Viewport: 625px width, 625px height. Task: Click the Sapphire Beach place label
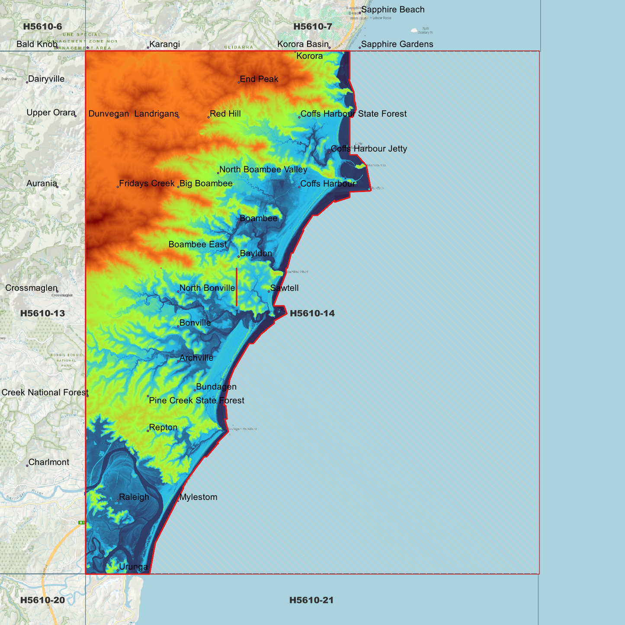(392, 10)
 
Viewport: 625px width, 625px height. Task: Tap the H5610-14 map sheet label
(312, 313)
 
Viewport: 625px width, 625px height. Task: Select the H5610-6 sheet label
(42, 26)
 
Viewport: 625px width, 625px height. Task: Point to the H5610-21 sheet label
(311, 600)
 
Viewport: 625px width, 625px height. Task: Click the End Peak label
(259, 79)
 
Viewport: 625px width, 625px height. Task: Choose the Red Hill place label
(225, 114)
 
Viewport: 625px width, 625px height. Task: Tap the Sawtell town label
(284, 288)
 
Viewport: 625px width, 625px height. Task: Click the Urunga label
(133, 567)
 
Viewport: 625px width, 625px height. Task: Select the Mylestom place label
(198, 497)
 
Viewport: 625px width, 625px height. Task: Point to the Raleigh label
(134, 497)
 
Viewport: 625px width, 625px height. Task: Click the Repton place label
(163, 427)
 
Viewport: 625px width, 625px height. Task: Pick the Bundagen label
(216, 387)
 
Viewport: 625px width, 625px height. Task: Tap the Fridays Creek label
(147, 183)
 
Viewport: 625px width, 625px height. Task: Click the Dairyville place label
(46, 79)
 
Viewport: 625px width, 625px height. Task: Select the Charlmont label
(48, 462)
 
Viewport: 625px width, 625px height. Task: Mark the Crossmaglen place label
(31, 288)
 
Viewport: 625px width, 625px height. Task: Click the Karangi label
(164, 44)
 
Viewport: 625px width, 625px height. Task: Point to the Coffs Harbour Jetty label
(369, 149)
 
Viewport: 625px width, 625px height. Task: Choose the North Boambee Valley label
(263, 170)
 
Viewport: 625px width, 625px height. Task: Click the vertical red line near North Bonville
(237, 287)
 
